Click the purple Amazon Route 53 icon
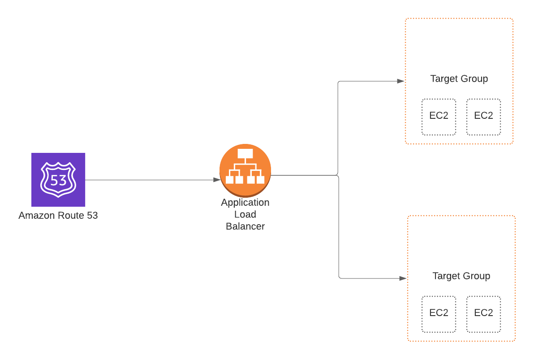[58, 180]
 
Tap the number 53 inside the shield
[58, 181]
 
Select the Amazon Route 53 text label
[58, 216]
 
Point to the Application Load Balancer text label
[245, 214]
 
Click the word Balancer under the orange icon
[245, 226]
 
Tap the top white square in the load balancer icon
[245, 154]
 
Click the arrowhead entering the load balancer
[217, 180]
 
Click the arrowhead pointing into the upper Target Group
[401, 81]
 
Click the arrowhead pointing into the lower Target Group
[403, 278]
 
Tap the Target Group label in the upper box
[459, 79]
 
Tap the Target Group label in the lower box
[461, 276]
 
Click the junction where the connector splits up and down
[338, 176]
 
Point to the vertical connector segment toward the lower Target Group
[339, 229]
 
